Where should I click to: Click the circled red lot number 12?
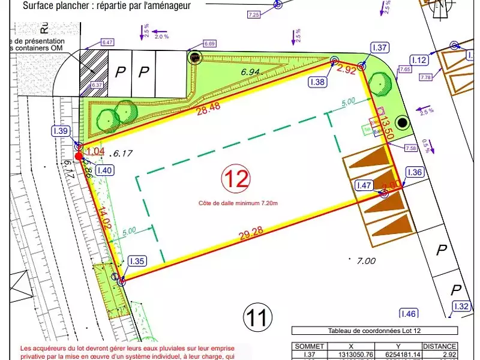pyautogui.click(x=236, y=178)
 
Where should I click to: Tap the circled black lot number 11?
pyautogui.click(x=257, y=316)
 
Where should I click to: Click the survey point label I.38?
pyautogui.click(x=318, y=82)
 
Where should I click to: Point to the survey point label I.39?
pyautogui.click(x=62, y=131)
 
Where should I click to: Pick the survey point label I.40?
pyautogui.click(x=104, y=170)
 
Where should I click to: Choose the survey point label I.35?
pyautogui.click(x=137, y=261)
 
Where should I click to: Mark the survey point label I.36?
pyautogui.click(x=415, y=172)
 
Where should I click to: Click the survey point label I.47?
pyautogui.click(x=364, y=186)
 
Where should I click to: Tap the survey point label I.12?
pyautogui.click(x=419, y=60)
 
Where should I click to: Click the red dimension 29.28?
pyautogui.click(x=252, y=235)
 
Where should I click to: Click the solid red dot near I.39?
pyautogui.click(x=79, y=156)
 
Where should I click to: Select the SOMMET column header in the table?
pyautogui.click(x=310, y=346)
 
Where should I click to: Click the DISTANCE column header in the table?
pyautogui.click(x=440, y=346)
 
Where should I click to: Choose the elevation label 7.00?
pyautogui.click(x=366, y=261)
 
